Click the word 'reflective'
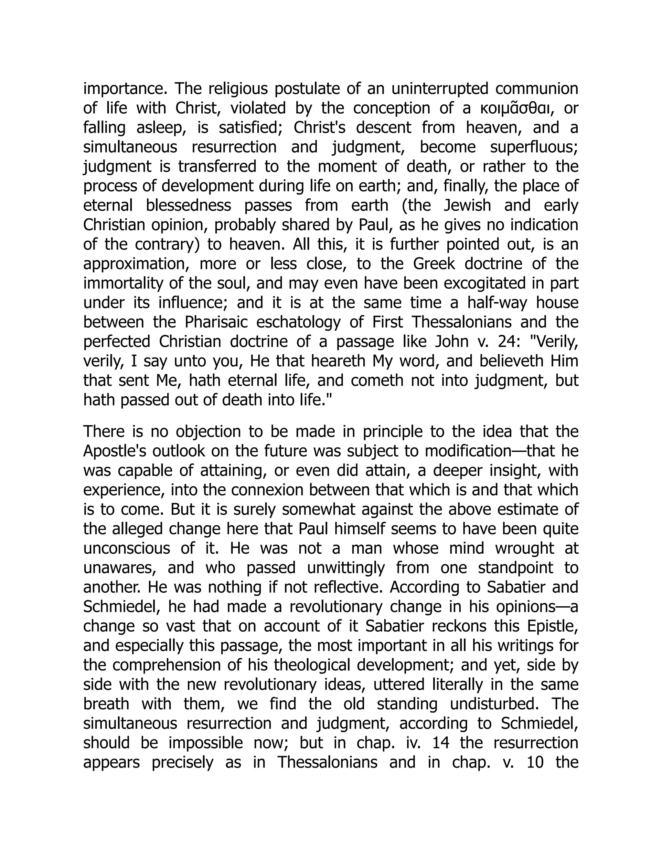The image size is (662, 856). click(347, 588)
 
